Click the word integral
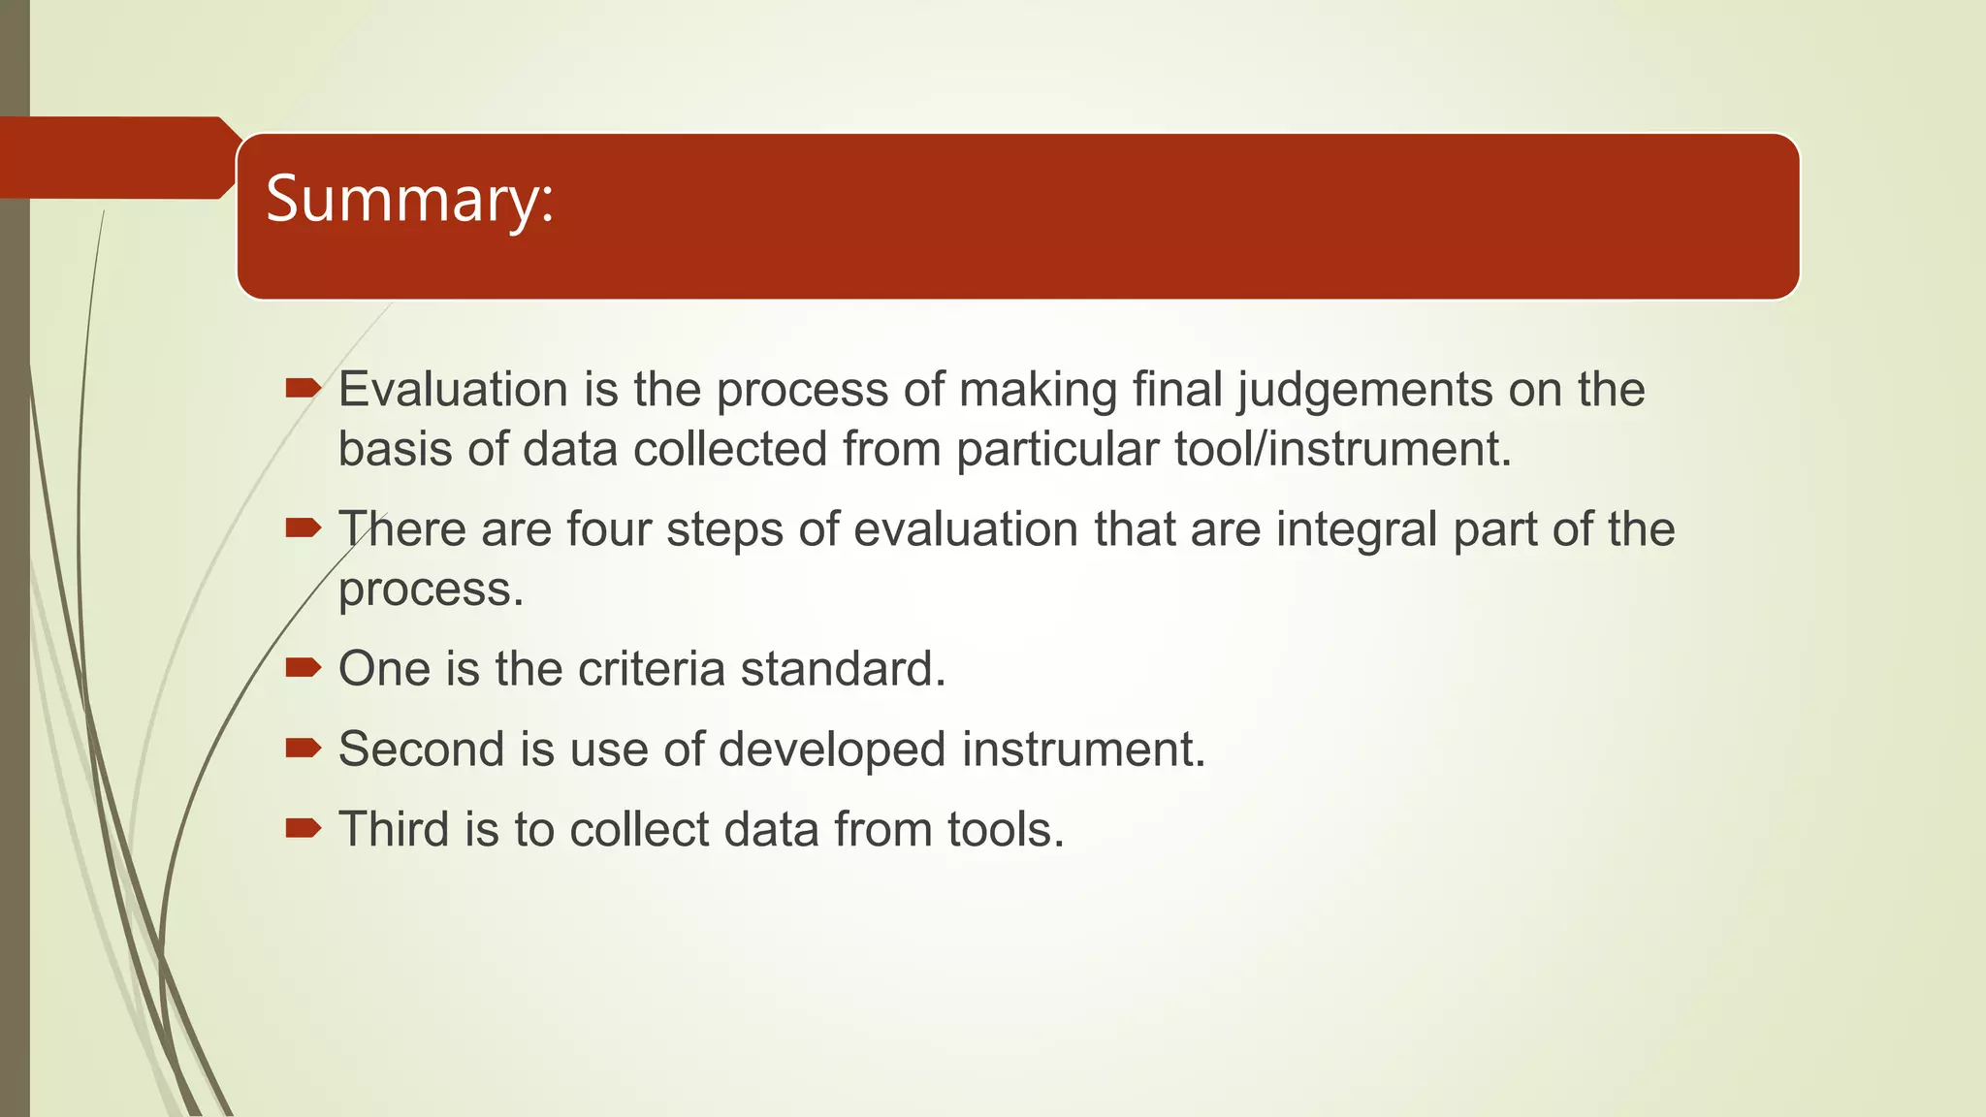coord(1357,529)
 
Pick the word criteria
coord(651,669)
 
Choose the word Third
coord(394,830)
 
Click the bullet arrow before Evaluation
coord(303,390)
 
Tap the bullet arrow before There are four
coord(303,528)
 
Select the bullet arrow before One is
coord(303,667)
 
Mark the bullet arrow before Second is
coord(303,748)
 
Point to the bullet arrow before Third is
coord(303,828)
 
